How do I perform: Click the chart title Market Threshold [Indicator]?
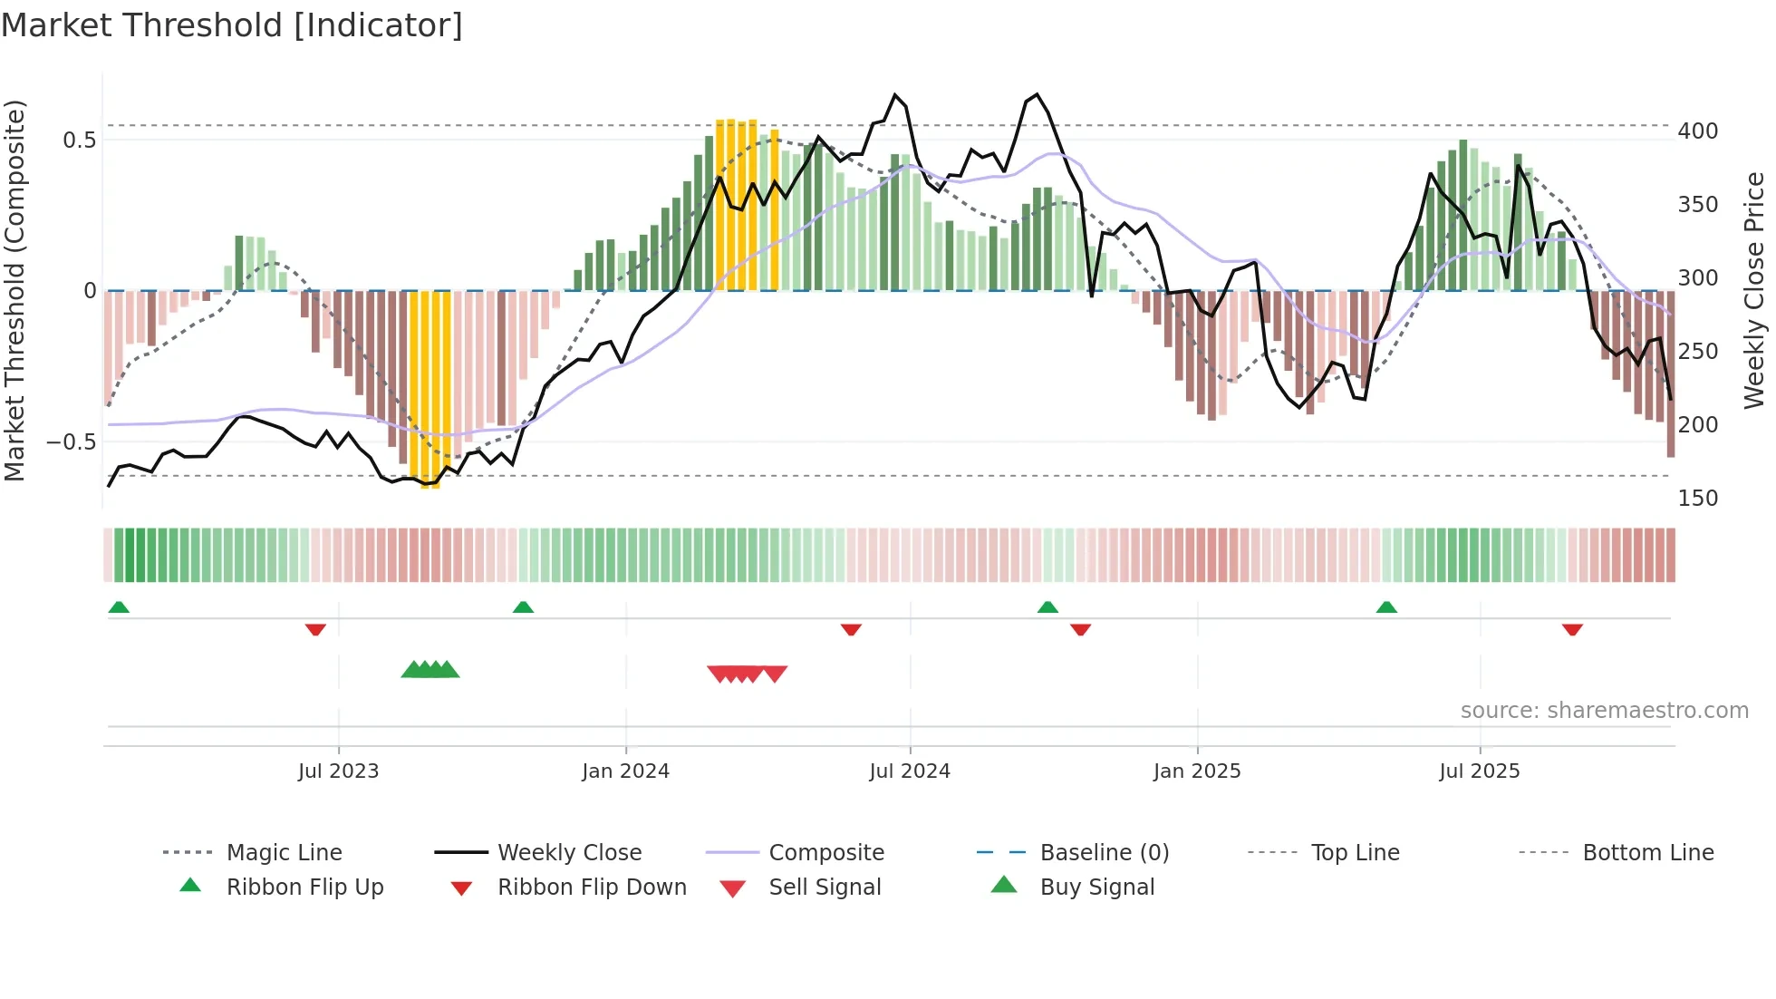click(232, 25)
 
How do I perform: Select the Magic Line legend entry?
click(284, 852)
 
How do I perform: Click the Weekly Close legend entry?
click(569, 852)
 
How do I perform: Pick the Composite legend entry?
click(825, 852)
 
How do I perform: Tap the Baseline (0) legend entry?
click(1104, 852)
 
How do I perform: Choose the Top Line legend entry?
click(1355, 852)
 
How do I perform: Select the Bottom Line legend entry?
click(1647, 852)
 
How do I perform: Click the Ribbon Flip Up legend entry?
click(304, 887)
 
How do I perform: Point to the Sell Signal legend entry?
click(825, 887)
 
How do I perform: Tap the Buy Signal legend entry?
click(1096, 887)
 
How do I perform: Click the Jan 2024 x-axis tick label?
click(625, 771)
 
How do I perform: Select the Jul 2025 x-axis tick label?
click(1479, 771)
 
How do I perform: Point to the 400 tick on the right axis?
click(1697, 131)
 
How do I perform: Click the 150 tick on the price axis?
click(1697, 498)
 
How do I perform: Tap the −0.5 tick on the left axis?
click(72, 442)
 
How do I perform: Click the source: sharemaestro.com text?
click(1604, 711)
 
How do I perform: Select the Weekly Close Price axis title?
click(1754, 290)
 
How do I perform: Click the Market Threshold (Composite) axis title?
click(15, 290)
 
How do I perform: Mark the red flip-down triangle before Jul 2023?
click(315, 629)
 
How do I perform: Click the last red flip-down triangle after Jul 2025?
click(1572, 629)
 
